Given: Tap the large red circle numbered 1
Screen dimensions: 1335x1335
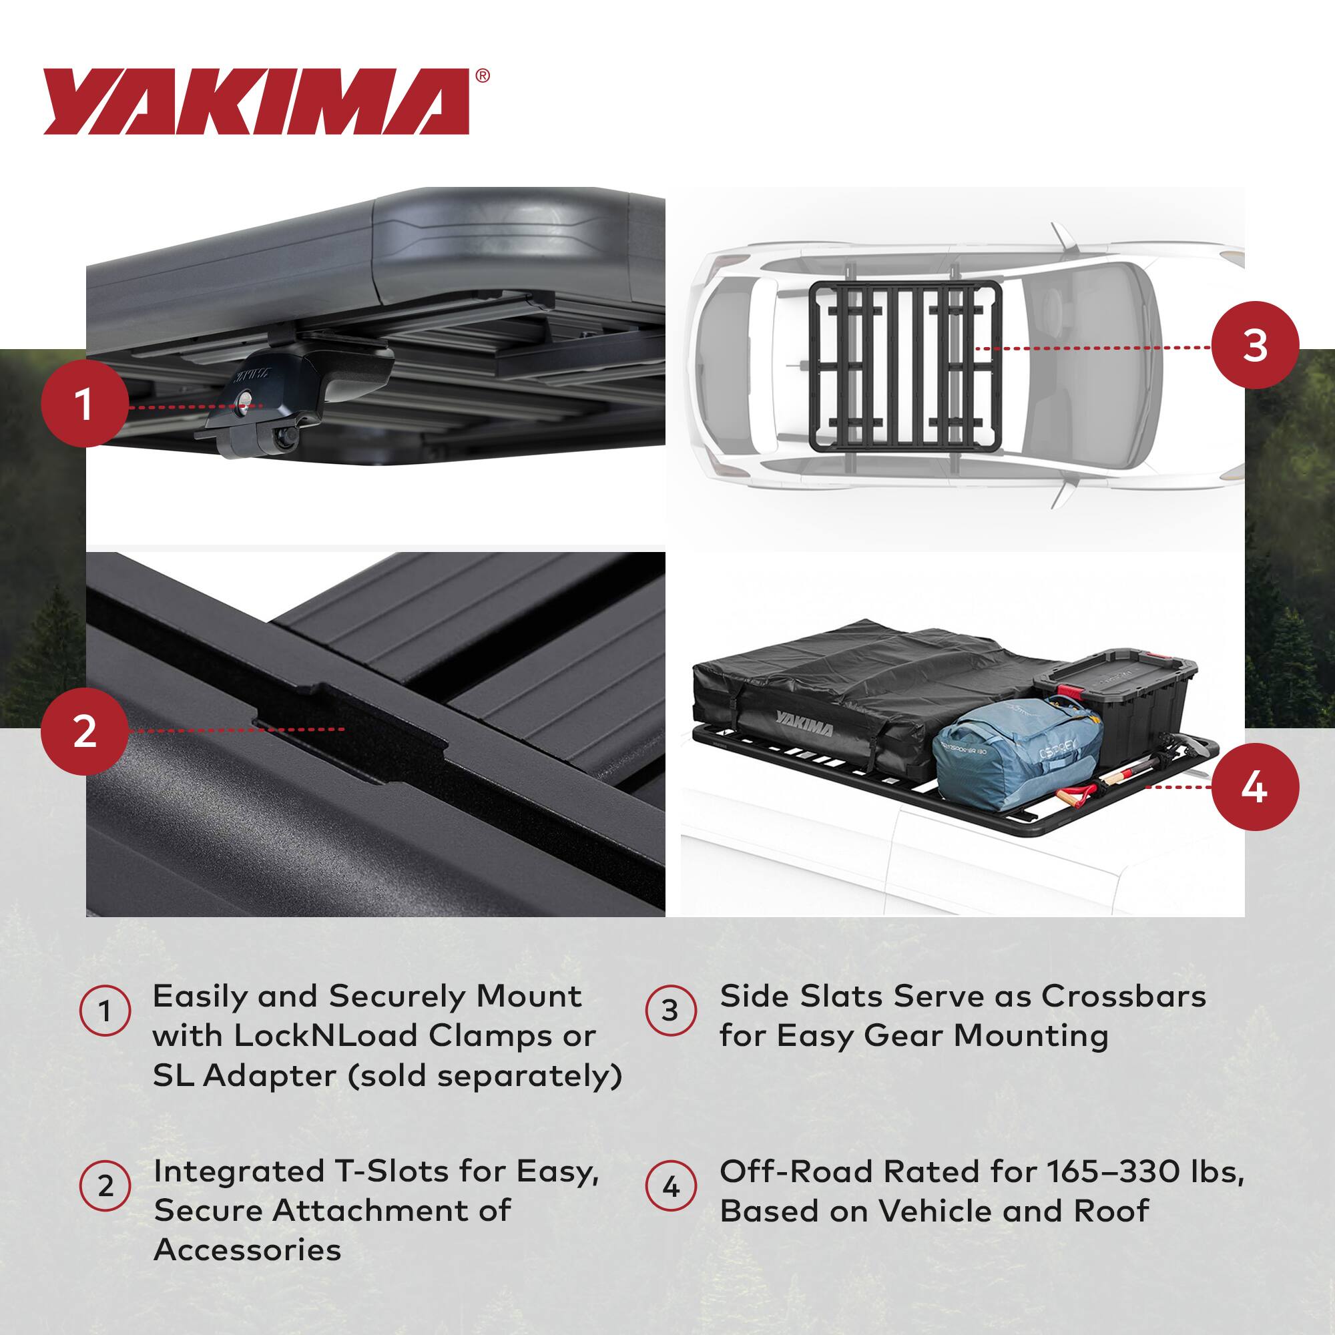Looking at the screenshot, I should coord(83,406).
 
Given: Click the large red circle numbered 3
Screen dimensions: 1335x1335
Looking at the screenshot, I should coord(1255,346).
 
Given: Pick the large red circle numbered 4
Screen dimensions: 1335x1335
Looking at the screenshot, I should coord(1255,787).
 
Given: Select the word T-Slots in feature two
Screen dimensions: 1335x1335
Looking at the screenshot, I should coord(421,1172).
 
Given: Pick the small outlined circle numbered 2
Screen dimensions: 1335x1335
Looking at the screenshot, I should coord(105,1187).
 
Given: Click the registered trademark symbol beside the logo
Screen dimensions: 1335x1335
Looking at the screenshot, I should coord(483,75).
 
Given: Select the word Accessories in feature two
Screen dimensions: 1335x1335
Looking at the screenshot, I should coord(248,1250).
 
